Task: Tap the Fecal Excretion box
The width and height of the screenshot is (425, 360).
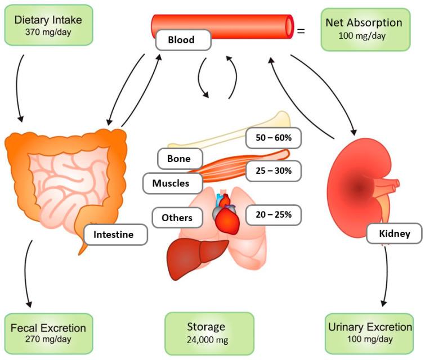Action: click(48, 332)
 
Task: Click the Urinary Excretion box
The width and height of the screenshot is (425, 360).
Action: click(369, 332)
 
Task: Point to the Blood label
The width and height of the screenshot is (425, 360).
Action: click(181, 40)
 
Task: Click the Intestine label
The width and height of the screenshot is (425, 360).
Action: click(115, 235)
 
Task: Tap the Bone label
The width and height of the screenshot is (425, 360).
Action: click(178, 159)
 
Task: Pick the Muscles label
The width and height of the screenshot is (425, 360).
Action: click(170, 183)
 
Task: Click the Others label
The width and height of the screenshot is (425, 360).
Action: click(177, 218)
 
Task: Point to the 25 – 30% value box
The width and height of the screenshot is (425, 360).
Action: click(273, 171)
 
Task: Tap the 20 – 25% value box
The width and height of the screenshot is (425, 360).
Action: click(273, 215)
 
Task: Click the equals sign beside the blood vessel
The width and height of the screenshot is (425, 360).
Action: click(301, 31)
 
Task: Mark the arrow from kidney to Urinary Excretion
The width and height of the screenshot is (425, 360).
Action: click(387, 276)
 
